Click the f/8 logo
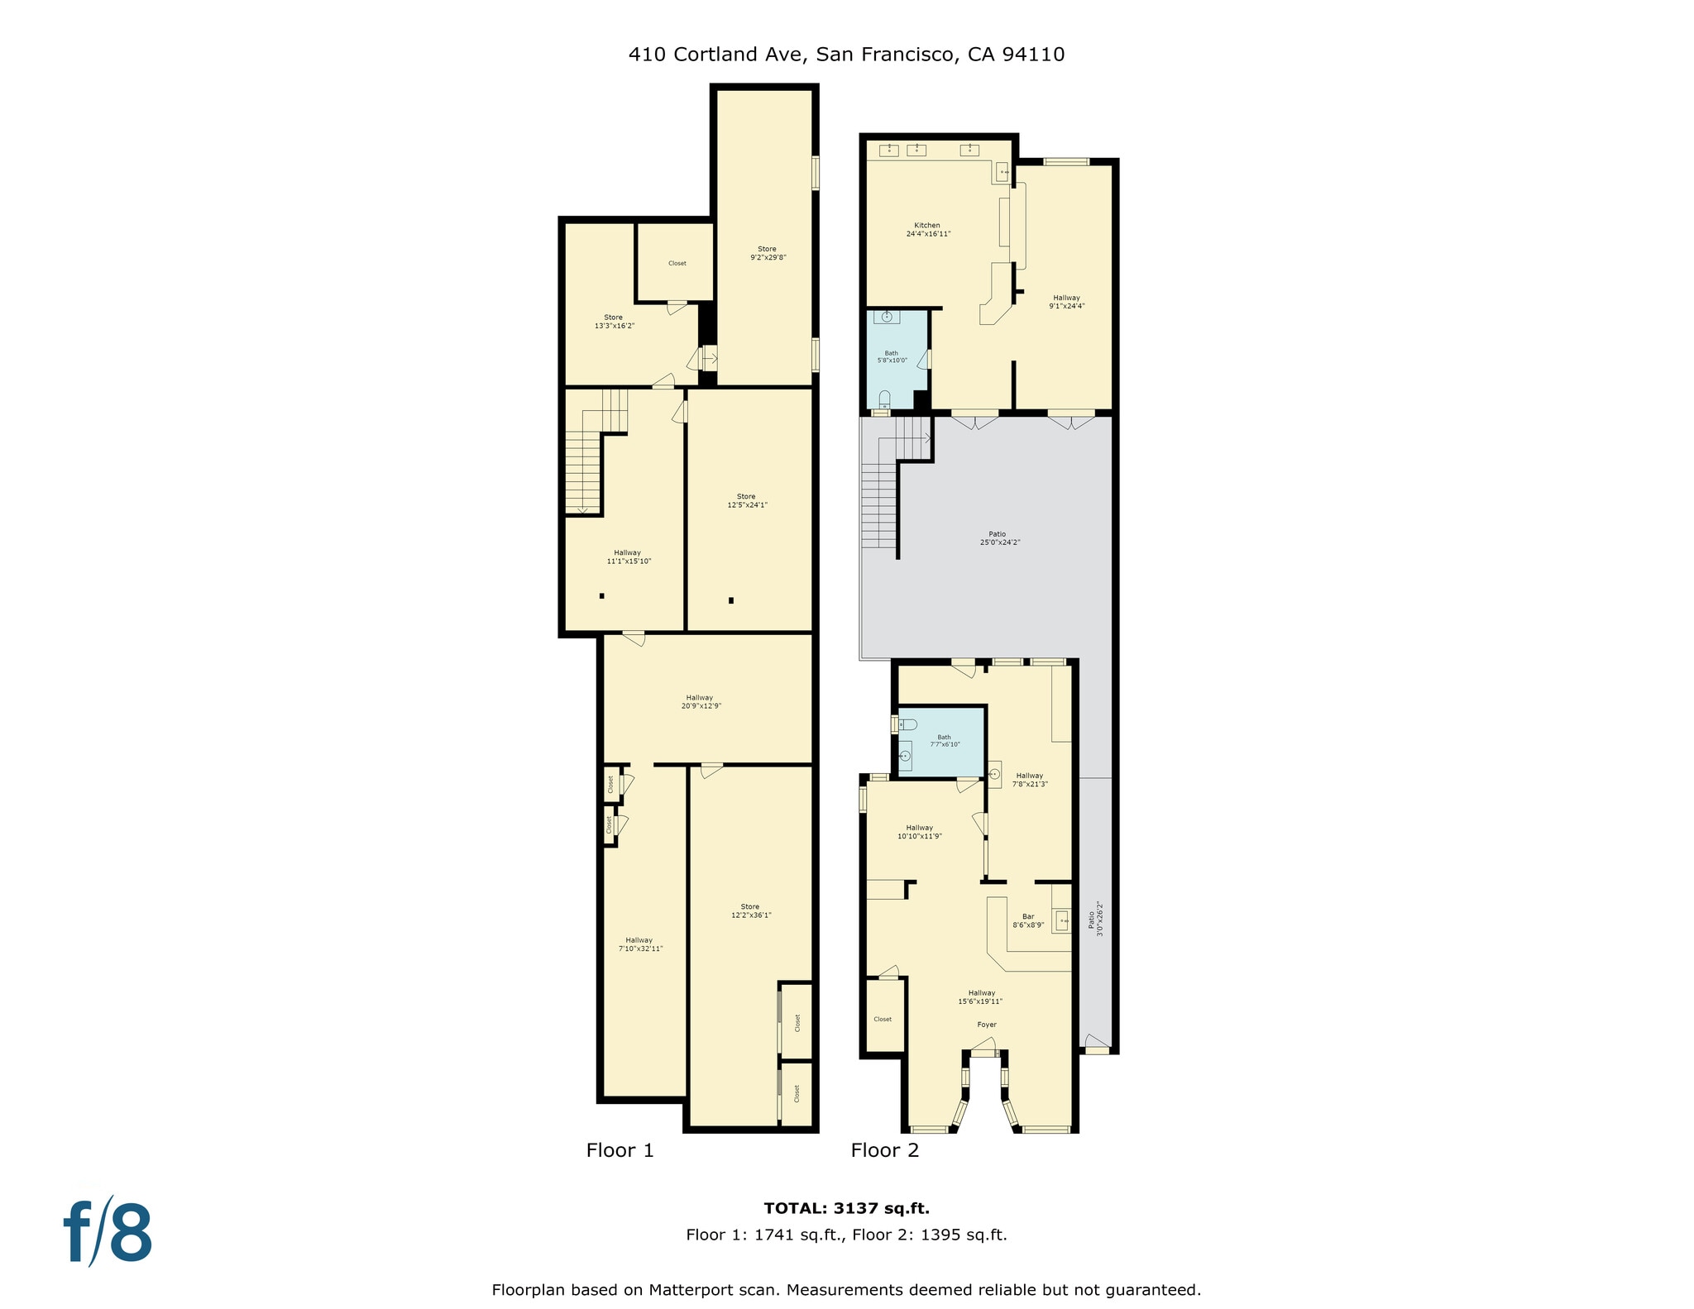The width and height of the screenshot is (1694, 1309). point(108,1232)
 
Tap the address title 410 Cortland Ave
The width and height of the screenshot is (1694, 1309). point(845,55)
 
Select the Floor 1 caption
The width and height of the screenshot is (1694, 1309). point(620,1150)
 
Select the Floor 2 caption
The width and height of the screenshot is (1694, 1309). point(884,1150)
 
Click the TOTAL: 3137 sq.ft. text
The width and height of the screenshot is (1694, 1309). point(846,1208)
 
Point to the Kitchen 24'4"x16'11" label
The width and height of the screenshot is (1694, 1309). point(927,230)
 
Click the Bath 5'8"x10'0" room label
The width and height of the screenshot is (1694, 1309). point(892,356)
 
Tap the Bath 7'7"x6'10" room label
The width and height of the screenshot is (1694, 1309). point(944,741)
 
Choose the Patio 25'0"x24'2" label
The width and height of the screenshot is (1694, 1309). point(998,538)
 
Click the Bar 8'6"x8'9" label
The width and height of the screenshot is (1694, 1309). point(1028,920)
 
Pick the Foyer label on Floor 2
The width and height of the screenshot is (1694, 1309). point(986,1025)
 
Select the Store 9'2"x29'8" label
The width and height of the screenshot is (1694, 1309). point(767,253)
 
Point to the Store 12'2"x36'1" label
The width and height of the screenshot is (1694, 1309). point(750,911)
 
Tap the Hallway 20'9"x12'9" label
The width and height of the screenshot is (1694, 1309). point(699,702)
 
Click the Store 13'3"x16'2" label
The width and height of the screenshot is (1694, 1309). point(614,322)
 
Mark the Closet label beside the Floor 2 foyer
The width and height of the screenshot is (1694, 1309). point(883,1020)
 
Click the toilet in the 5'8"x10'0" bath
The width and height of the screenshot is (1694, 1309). point(884,400)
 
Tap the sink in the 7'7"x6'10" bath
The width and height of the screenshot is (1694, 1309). point(905,755)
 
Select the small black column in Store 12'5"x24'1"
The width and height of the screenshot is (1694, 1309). point(731,600)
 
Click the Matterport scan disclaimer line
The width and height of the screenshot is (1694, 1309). point(846,1289)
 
